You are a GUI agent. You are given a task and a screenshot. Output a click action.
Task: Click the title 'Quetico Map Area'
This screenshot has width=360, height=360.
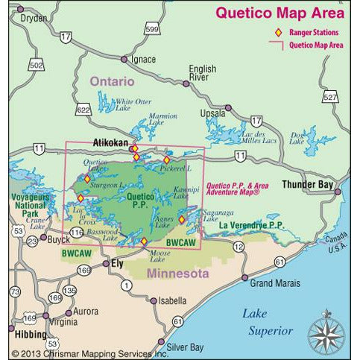pos(280,12)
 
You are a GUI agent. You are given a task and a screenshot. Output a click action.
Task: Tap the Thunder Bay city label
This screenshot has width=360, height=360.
pos(307,184)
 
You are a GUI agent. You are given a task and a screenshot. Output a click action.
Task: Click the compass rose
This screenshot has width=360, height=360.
pos(324,329)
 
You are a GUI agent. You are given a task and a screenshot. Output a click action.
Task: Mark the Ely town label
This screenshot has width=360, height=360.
pos(116,264)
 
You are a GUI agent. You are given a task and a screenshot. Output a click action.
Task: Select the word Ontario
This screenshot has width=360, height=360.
pos(112,80)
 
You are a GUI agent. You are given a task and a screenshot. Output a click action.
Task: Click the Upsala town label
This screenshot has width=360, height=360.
pos(212,113)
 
